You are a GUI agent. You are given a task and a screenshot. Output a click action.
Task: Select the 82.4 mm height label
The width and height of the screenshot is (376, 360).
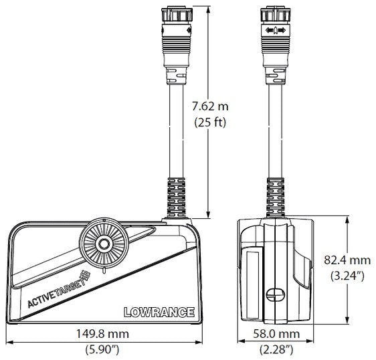(348, 260)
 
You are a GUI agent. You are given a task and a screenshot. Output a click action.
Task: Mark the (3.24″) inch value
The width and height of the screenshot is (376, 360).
(348, 276)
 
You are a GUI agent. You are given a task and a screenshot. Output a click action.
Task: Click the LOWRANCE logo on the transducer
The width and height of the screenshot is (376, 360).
(159, 312)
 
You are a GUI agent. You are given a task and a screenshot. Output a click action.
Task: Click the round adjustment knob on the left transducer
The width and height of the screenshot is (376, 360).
(103, 244)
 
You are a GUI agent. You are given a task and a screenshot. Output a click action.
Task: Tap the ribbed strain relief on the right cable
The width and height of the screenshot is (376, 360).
(275, 196)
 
